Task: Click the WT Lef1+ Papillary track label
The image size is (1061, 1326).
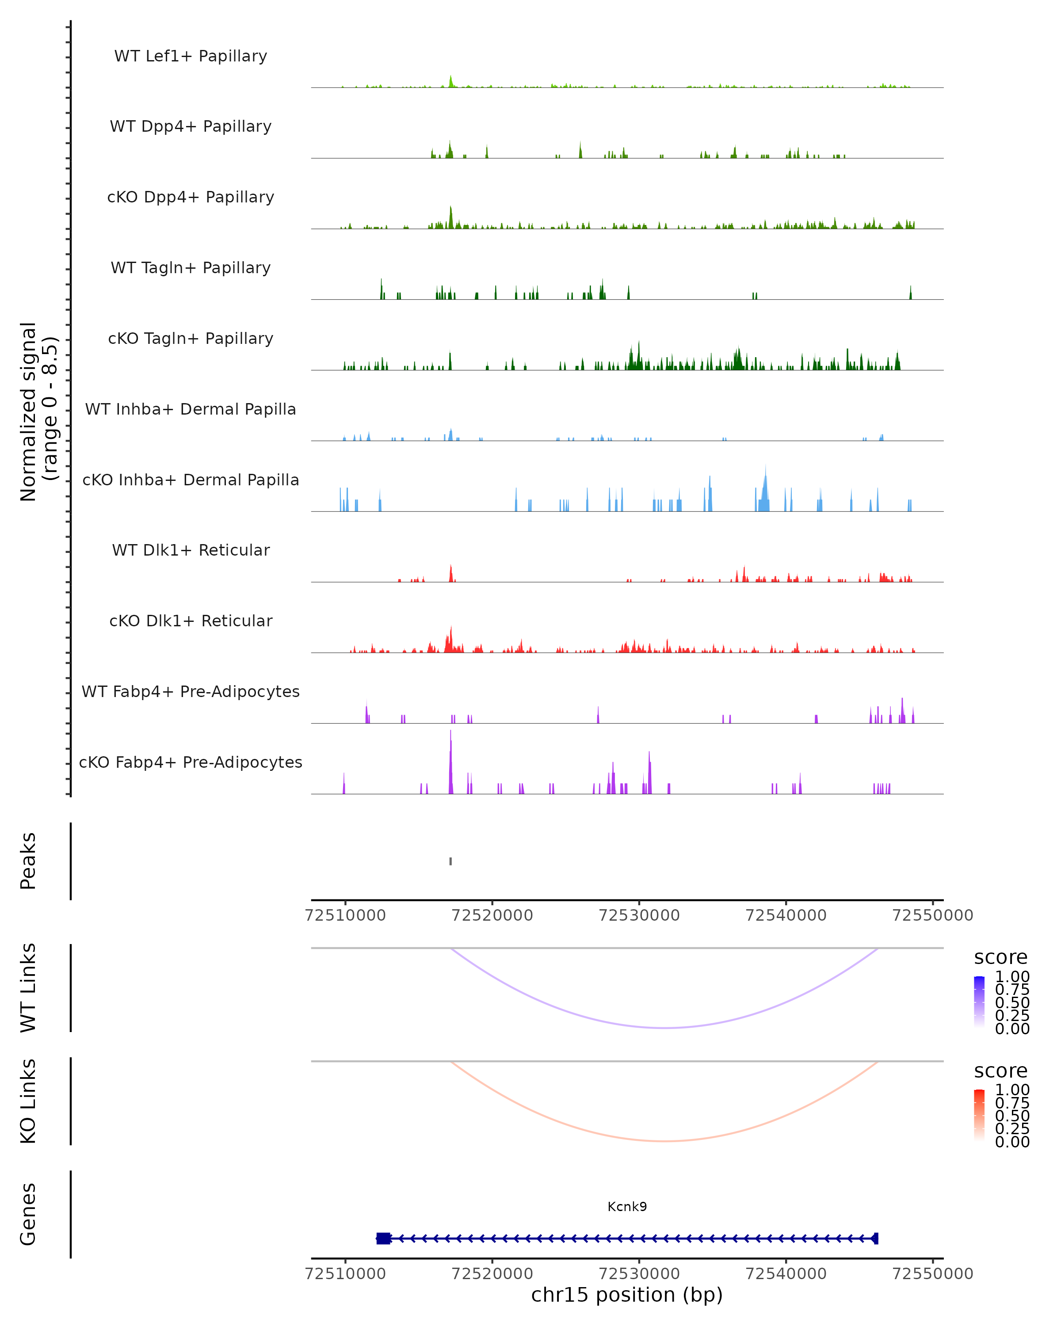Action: [x=191, y=56]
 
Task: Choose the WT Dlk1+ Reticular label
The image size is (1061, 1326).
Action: [x=191, y=550]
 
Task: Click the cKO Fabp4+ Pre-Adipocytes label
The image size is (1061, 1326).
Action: [x=191, y=762]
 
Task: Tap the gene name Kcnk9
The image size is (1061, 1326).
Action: [x=627, y=1206]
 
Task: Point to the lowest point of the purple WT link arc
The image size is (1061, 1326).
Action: [x=664, y=1028]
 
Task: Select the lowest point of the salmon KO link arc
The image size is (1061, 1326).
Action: [x=664, y=1141]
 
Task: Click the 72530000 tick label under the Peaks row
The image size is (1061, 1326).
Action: [x=639, y=915]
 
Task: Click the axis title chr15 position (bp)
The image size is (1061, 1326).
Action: [x=627, y=1295]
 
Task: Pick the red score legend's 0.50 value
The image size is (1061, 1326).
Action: [x=1012, y=1115]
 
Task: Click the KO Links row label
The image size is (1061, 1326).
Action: [x=28, y=1101]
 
